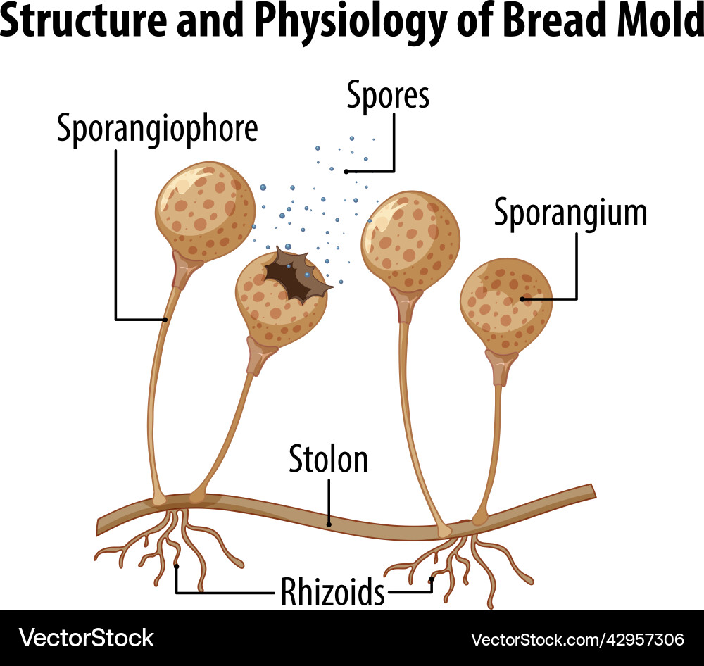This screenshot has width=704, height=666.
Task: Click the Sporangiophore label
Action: (157, 129)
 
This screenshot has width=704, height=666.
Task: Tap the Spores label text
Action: (388, 96)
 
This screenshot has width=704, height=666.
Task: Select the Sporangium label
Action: (570, 212)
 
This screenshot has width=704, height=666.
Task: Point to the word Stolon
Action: (329, 460)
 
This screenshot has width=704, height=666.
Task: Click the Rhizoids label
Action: (333, 591)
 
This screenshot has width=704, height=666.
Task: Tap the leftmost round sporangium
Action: (205, 209)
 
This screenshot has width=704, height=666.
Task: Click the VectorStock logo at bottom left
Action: (87, 638)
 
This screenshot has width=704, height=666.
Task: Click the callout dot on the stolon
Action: (329, 523)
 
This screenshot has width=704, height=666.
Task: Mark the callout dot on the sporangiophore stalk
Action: (166, 320)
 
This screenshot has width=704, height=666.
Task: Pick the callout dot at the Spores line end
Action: (346, 171)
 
